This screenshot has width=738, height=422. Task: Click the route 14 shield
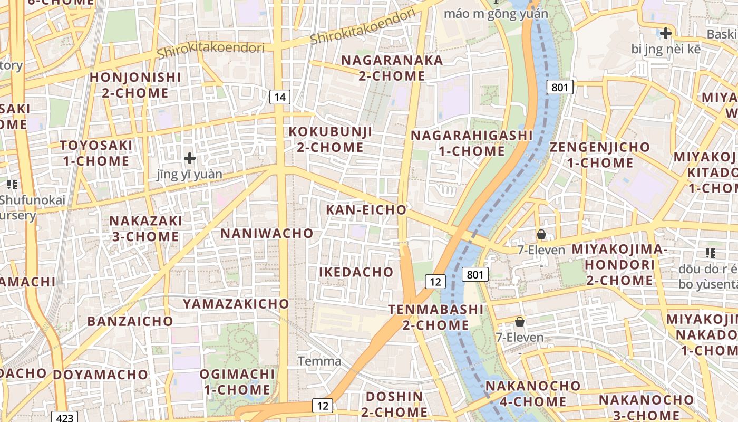(280, 97)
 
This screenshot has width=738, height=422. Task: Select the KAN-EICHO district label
(366, 210)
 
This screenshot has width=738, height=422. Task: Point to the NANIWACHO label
(267, 233)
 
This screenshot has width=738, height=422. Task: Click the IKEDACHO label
(356, 272)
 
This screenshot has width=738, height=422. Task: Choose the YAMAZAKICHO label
(236, 304)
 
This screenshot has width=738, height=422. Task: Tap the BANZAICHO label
(130, 321)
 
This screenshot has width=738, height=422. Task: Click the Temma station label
(319, 361)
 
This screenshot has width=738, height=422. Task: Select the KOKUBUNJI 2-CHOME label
(331, 139)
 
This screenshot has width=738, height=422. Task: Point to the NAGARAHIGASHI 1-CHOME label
(472, 143)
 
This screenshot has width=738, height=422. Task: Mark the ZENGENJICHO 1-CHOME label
(600, 155)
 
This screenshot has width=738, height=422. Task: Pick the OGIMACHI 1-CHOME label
(237, 382)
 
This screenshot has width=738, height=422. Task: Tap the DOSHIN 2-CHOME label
(395, 404)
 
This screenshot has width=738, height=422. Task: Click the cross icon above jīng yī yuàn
(190, 158)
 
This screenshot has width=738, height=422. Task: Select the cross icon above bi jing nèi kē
(666, 33)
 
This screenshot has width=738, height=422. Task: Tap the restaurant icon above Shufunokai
(12, 185)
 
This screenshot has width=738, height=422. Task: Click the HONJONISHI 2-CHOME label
(135, 85)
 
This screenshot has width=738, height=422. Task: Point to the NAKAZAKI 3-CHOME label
(146, 228)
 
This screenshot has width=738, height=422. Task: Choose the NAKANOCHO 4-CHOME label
(532, 394)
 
